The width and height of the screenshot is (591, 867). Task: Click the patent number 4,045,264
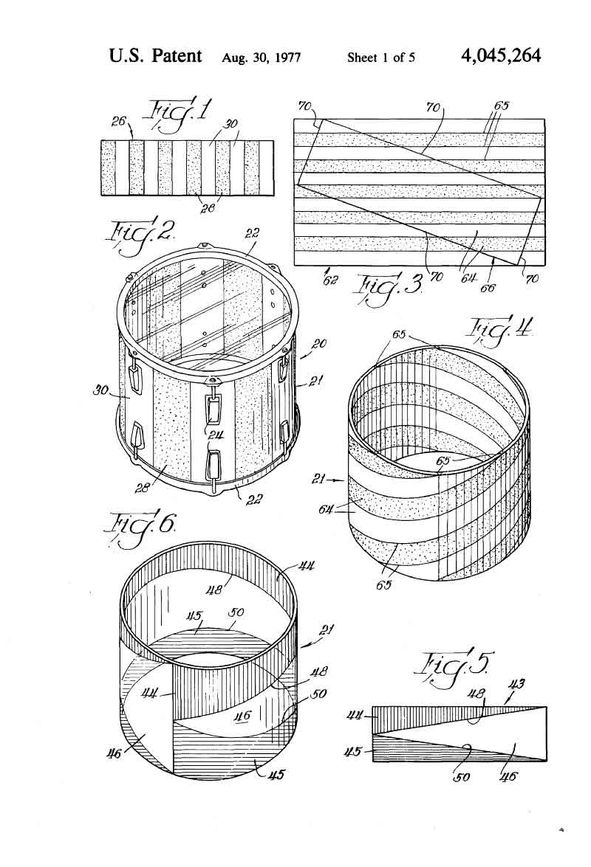pos(499,56)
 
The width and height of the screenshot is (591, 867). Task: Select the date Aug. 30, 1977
pos(262,58)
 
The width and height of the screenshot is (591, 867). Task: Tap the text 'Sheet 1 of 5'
pos(380,58)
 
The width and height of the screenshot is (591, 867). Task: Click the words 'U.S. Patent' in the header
pos(155,56)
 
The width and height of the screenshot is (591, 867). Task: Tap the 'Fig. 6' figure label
pos(143,528)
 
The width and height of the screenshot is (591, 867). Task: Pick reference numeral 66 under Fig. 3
pos(488,288)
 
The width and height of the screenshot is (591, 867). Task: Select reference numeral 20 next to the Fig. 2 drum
pos(319,343)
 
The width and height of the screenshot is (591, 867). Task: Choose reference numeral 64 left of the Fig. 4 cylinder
pos(326,508)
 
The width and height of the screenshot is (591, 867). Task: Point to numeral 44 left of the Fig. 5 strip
pos(355,716)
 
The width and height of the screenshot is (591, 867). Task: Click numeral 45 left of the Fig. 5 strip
pos(354,751)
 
